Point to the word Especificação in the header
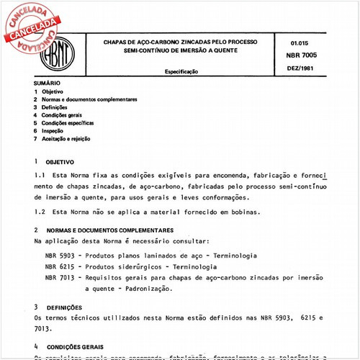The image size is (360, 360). point(184,73)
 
